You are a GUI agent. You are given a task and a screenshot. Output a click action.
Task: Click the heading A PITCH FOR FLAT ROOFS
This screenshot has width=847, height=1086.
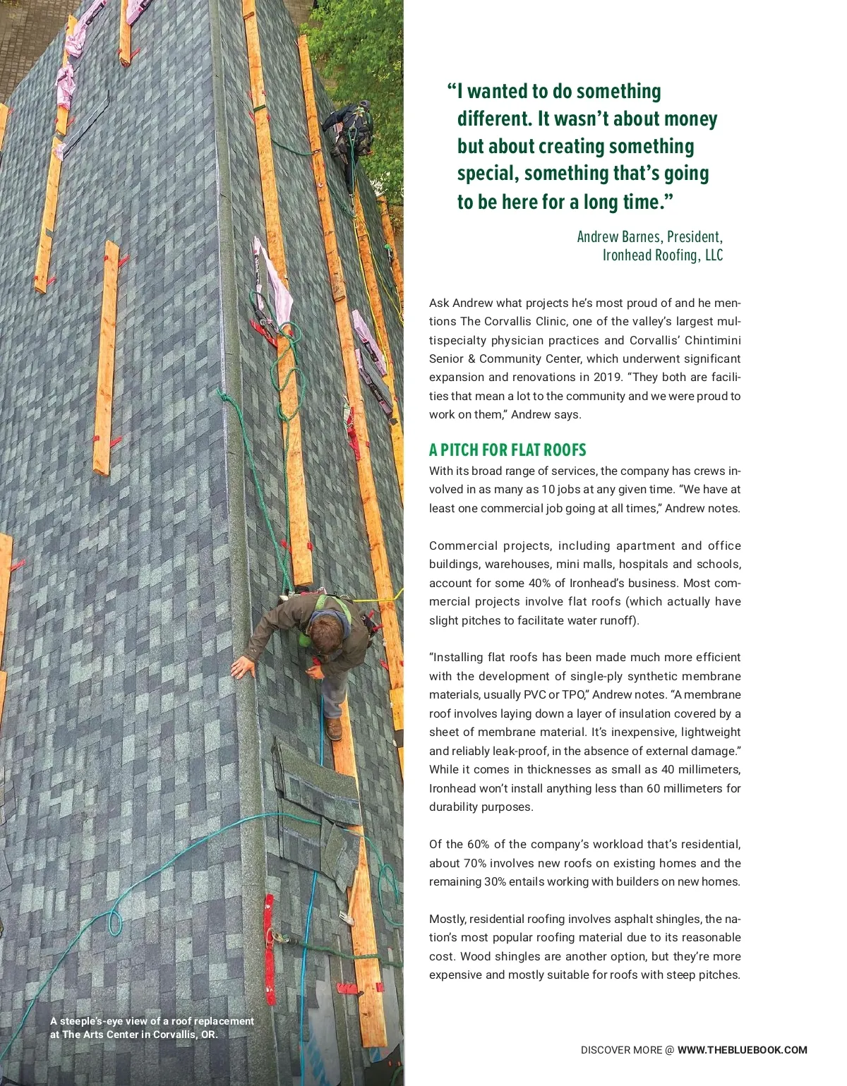point(507,450)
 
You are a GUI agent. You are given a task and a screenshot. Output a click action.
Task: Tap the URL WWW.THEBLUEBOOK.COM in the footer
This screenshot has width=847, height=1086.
point(742,1050)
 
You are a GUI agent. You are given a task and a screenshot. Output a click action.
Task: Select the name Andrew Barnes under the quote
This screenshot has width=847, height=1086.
point(620,237)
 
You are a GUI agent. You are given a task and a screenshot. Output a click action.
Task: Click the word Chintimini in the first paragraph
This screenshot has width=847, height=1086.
point(712,339)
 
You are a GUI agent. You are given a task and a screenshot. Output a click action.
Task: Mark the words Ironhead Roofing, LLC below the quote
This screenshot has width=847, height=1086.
point(662,255)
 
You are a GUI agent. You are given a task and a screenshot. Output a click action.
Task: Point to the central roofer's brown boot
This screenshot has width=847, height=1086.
point(335,729)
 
